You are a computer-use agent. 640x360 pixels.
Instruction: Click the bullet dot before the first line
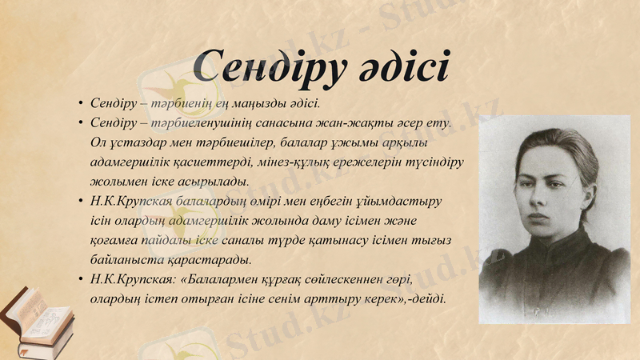point(81,105)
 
